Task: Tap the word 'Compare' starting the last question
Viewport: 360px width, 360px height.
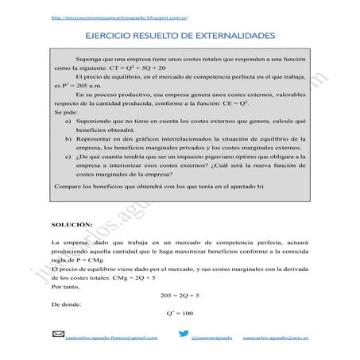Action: pyautogui.click(x=68, y=208)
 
